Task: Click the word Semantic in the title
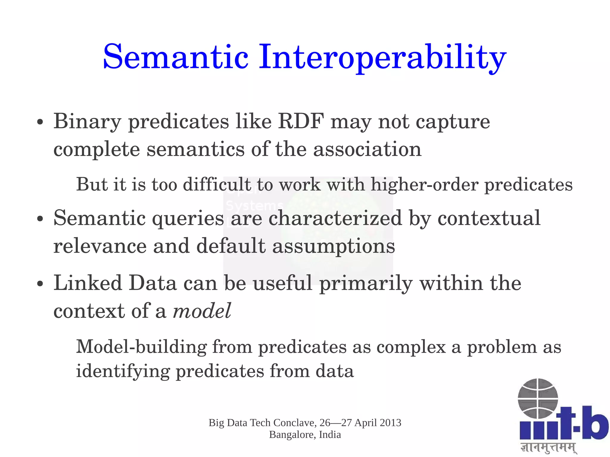(x=175, y=57)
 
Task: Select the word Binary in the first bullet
(x=87, y=122)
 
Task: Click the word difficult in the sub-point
(x=217, y=184)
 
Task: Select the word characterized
(x=335, y=218)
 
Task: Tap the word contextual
(x=489, y=218)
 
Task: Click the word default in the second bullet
(x=231, y=246)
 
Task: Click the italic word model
(x=202, y=311)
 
